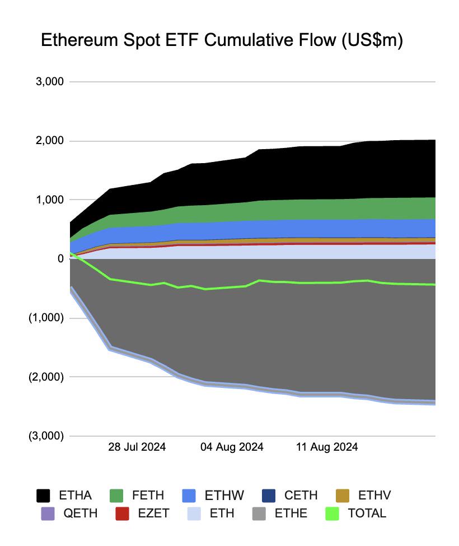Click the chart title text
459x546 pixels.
(222, 41)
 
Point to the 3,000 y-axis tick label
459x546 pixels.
(50, 82)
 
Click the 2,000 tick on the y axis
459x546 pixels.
(50, 141)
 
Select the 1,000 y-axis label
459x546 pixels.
(50, 200)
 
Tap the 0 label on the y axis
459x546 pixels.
(60, 258)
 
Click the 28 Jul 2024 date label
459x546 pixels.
(137, 447)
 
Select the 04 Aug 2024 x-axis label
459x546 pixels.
(232, 447)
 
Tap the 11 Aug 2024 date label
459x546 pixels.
(327, 447)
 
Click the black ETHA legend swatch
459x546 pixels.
(43, 496)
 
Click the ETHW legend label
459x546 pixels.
(224, 496)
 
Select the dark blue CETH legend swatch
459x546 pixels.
(269, 496)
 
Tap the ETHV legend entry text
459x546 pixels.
(374, 496)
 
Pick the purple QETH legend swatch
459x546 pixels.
(48, 513)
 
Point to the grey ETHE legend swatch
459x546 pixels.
(259, 513)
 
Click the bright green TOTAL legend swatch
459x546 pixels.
(332, 513)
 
